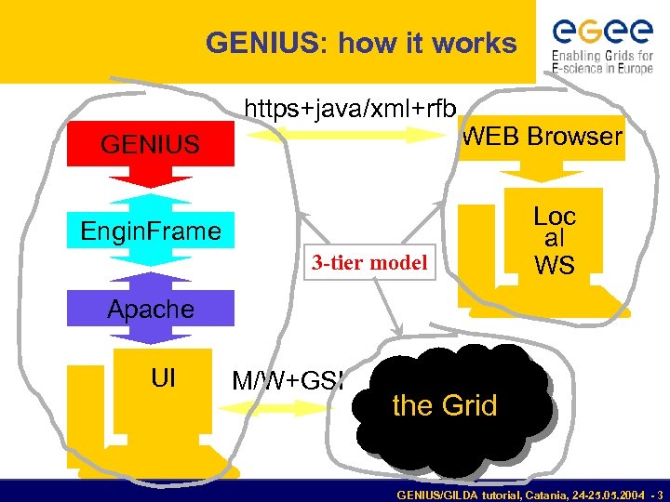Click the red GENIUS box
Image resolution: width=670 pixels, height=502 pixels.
[150, 145]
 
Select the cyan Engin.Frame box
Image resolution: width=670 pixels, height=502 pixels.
[150, 231]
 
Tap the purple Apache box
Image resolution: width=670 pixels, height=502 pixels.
[150, 310]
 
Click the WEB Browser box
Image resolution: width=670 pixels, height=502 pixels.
[543, 137]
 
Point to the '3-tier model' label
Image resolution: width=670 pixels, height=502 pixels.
[369, 263]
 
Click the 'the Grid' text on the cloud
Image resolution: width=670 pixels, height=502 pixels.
[445, 406]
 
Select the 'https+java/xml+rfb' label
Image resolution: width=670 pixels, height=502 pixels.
[350, 109]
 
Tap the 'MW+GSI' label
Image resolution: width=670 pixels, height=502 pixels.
[288, 380]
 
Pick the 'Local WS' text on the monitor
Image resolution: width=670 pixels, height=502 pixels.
[555, 241]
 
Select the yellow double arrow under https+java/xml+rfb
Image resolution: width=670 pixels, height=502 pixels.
[350, 135]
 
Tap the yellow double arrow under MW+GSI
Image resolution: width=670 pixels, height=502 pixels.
[279, 406]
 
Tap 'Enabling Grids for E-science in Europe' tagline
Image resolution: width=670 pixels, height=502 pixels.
[602, 61]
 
